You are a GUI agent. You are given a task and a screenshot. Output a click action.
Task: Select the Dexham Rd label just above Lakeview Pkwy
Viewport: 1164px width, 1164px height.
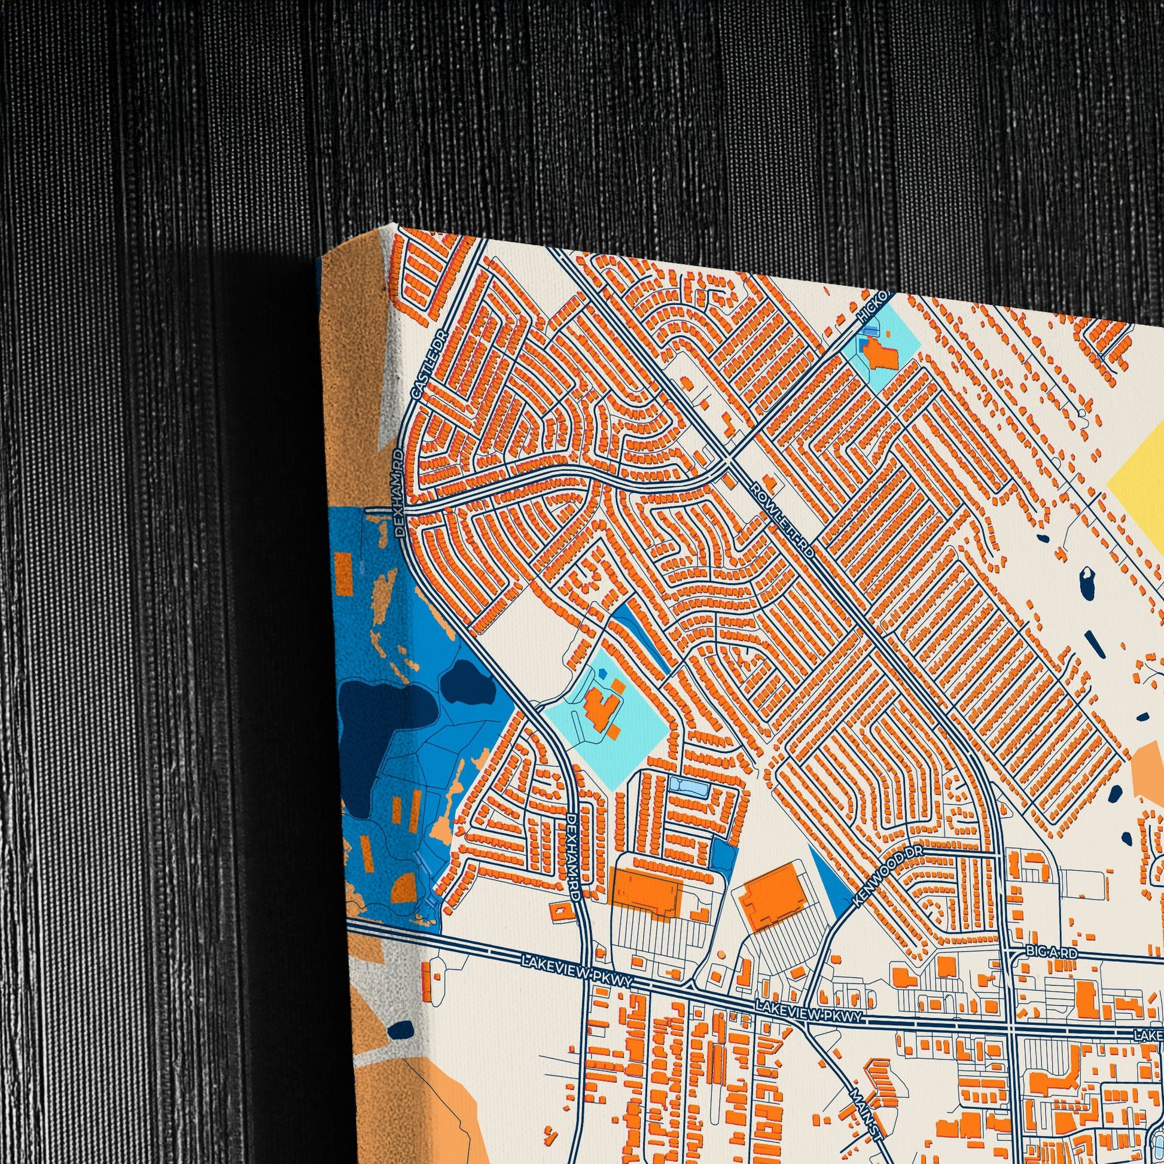[574, 857]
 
